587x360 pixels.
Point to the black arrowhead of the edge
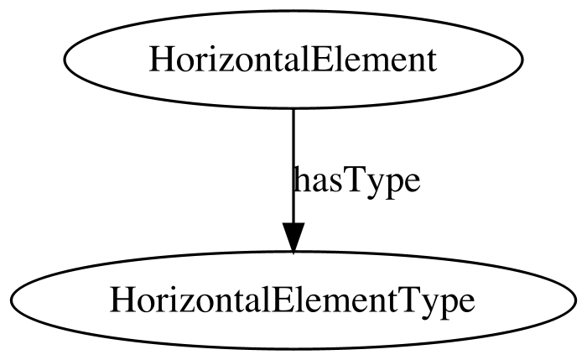(x=293, y=237)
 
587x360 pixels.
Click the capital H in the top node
(x=161, y=60)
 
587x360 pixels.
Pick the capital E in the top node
(x=318, y=60)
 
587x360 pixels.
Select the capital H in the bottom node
(x=122, y=300)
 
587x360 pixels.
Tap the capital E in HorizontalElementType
(x=278, y=300)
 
